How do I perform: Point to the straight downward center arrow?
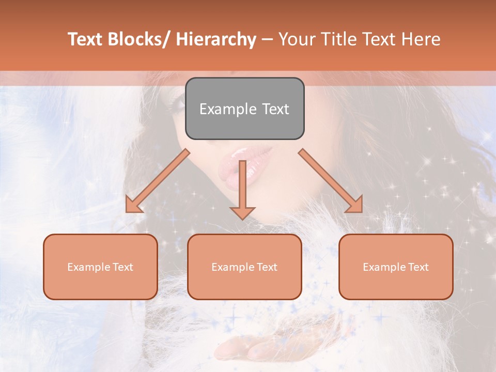coord(243,186)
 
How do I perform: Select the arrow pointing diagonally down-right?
coord(331,181)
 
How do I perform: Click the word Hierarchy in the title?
coord(216,39)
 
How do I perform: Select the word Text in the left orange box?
coord(121,267)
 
